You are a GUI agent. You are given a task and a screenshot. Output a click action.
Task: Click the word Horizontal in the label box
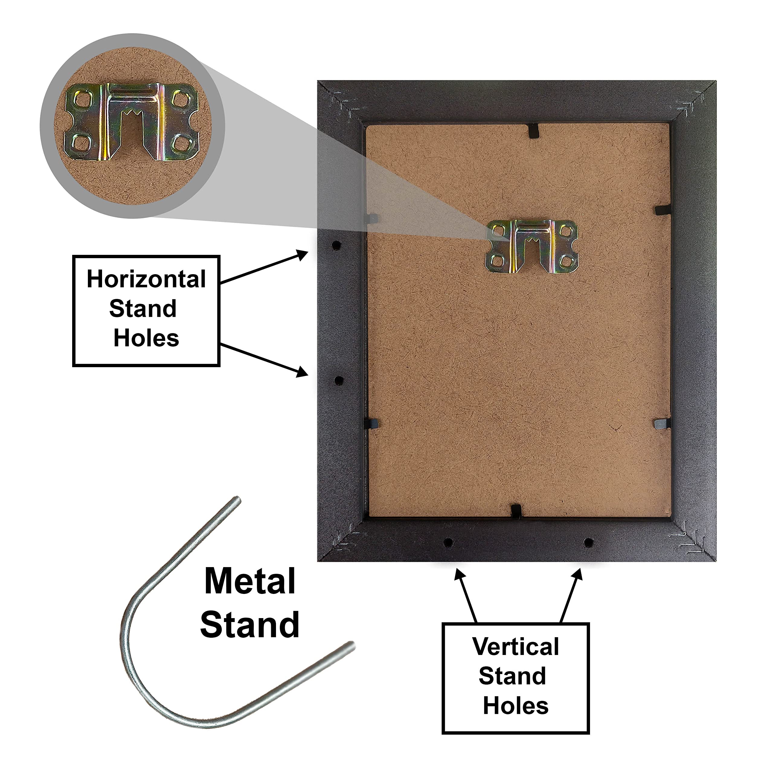click(146, 279)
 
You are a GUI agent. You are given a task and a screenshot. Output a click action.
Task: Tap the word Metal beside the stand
click(250, 581)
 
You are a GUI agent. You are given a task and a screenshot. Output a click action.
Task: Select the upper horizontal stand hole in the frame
click(336, 245)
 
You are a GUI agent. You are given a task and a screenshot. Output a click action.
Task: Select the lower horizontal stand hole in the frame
click(338, 380)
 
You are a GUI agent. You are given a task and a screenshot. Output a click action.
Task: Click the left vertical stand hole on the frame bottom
click(448, 543)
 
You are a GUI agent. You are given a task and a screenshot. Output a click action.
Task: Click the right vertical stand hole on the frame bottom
click(588, 543)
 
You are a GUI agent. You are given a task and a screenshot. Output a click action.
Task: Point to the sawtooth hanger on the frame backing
click(532, 246)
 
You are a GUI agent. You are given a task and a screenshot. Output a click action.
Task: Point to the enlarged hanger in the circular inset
click(132, 122)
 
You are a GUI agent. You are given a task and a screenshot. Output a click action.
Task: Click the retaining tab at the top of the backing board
click(533, 130)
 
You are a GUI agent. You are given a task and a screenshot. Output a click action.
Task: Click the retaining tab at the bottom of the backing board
click(516, 511)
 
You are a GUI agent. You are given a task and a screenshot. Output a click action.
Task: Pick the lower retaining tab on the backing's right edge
click(662, 423)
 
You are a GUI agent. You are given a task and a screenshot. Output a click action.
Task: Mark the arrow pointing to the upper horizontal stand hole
click(264, 267)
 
